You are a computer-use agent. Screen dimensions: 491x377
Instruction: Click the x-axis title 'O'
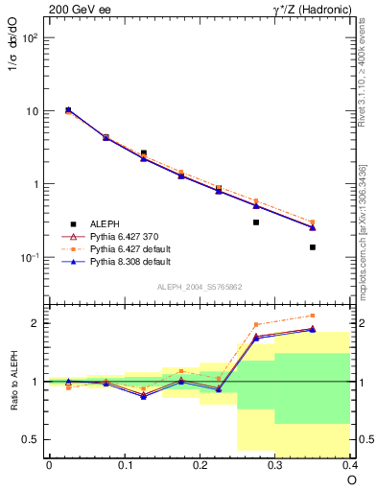[351, 479]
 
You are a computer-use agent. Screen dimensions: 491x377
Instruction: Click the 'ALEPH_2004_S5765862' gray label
[199, 287]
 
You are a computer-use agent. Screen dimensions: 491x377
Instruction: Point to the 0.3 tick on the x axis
[275, 464]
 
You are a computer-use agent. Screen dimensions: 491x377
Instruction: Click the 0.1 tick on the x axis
[125, 464]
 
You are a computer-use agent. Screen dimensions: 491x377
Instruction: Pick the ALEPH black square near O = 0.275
[256, 222]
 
